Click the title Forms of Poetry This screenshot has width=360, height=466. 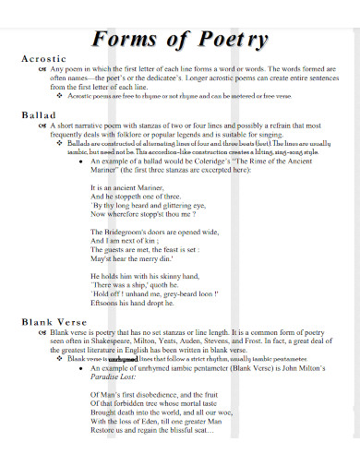pyautogui.click(x=180, y=40)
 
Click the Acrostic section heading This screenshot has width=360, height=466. pyautogui.click(x=43, y=58)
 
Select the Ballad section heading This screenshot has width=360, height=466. pyautogui.click(x=38, y=115)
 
